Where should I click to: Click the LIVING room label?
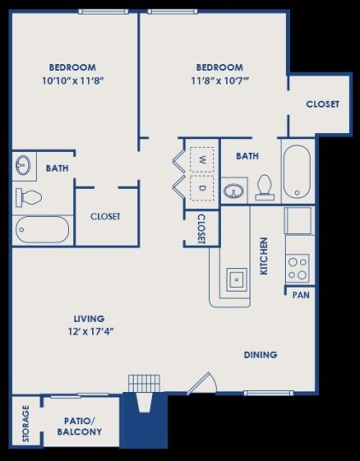click(x=83, y=318)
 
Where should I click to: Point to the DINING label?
click(x=260, y=354)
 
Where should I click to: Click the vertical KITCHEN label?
click(x=264, y=255)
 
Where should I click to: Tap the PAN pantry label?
click(x=300, y=295)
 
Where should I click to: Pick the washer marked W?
click(x=202, y=160)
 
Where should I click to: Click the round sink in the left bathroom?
click(x=24, y=164)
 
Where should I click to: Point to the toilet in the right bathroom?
click(x=264, y=187)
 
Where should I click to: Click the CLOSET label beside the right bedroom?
click(x=322, y=104)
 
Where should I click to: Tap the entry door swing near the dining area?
click(x=201, y=383)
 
